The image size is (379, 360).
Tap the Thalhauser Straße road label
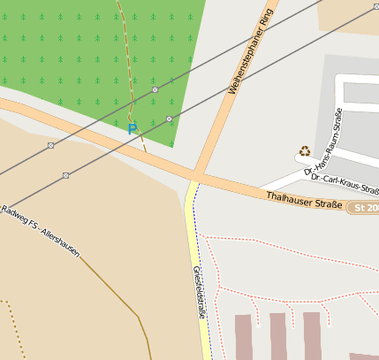pos(303,200)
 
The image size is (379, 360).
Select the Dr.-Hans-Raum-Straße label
pos(323,143)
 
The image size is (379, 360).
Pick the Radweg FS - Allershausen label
pos(41,233)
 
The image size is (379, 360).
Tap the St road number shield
pos(364,208)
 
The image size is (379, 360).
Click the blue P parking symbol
pos(133,129)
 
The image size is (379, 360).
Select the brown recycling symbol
pos(305,151)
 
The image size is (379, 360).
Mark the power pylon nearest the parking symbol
pos(169,119)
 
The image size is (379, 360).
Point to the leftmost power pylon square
pos(50,145)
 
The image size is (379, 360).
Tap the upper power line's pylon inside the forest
pos(155,89)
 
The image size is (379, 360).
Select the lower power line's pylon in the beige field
pos(65,175)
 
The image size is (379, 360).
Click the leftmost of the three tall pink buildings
pos(244,336)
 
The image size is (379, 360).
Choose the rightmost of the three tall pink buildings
pos(312,334)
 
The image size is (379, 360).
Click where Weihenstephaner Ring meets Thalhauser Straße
pos(201,171)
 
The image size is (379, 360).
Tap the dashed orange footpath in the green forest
pos(126,53)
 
